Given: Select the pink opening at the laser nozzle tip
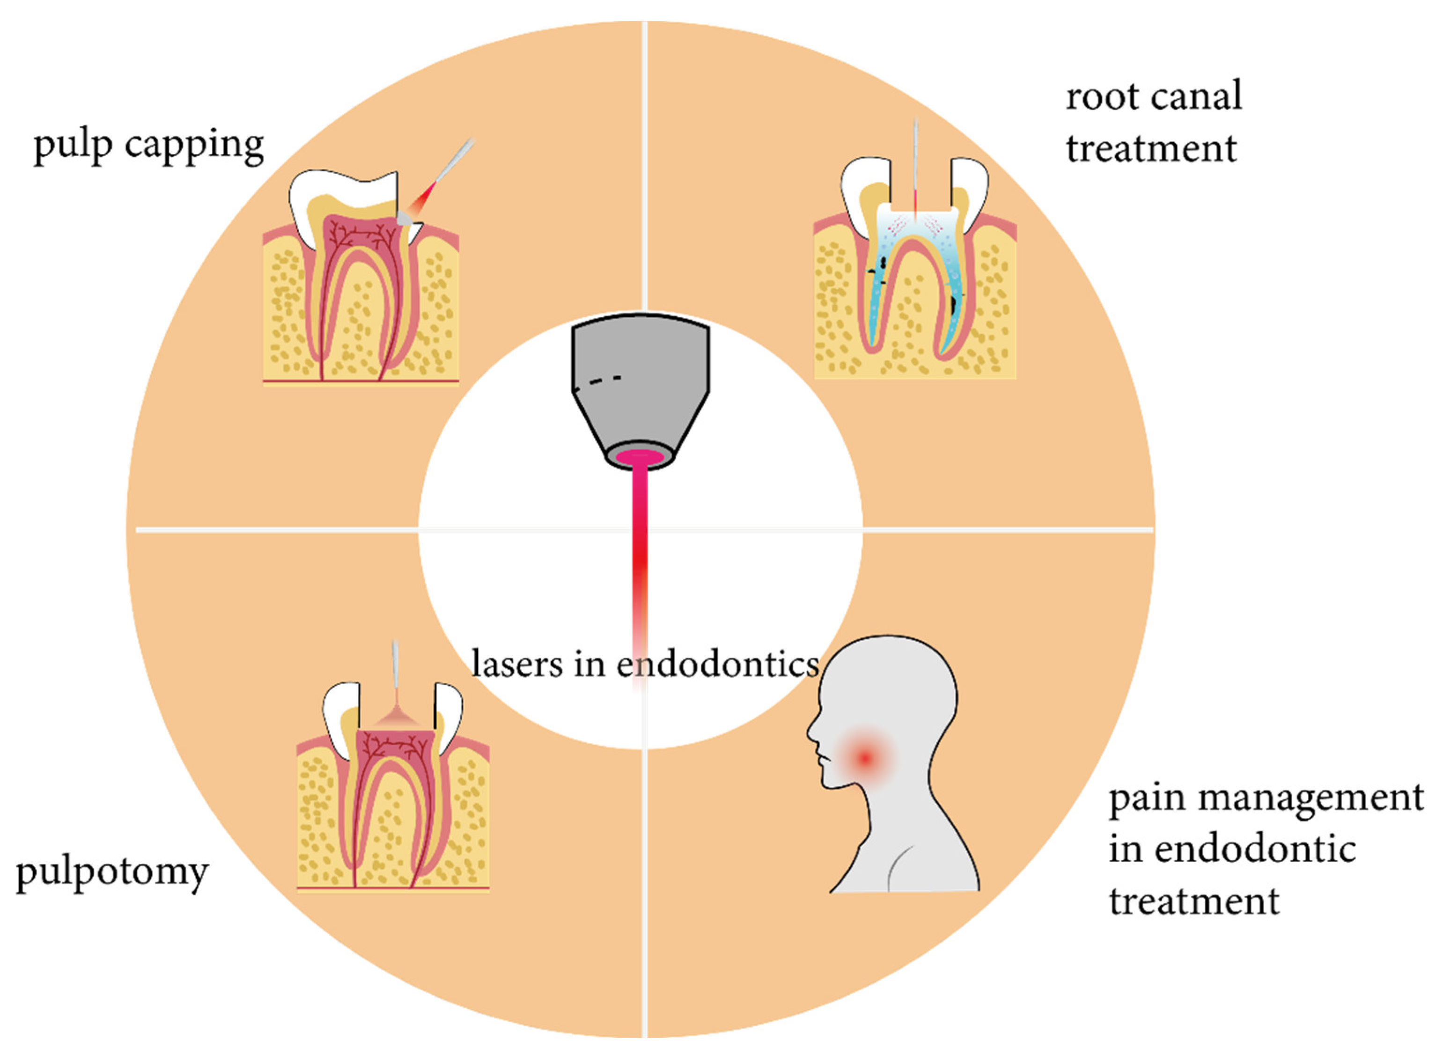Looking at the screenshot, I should tap(640, 457).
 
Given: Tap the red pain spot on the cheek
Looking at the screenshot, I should tap(865, 758).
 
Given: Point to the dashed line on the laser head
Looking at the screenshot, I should tap(600, 381).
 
